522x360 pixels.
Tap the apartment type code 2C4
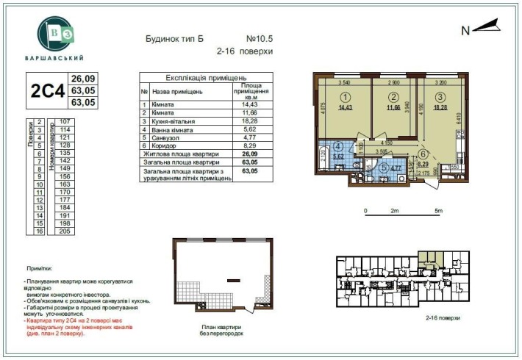[46, 90]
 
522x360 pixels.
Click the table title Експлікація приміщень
[206, 77]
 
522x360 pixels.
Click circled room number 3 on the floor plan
[440, 96]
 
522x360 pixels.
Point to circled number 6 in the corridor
[423, 154]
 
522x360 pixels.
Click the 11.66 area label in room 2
[394, 107]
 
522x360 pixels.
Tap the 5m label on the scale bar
[439, 211]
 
